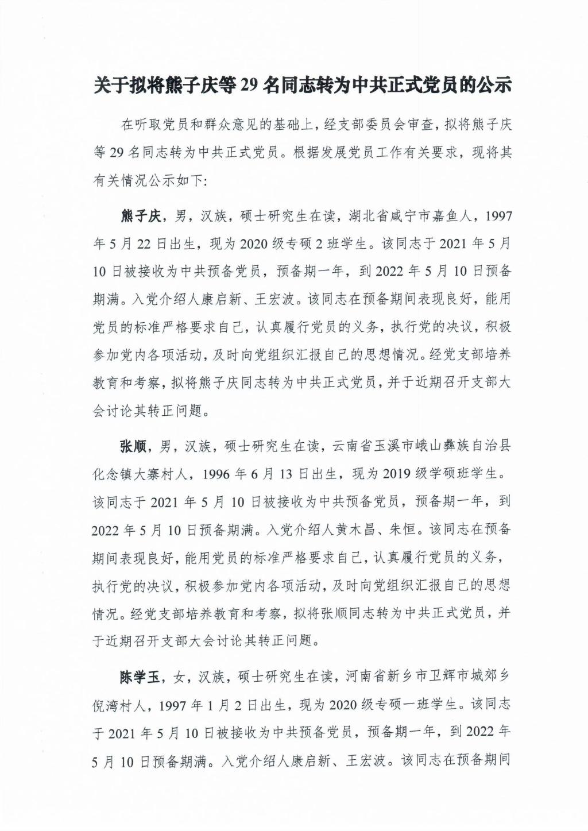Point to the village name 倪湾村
pyautogui.click(x=121, y=705)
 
